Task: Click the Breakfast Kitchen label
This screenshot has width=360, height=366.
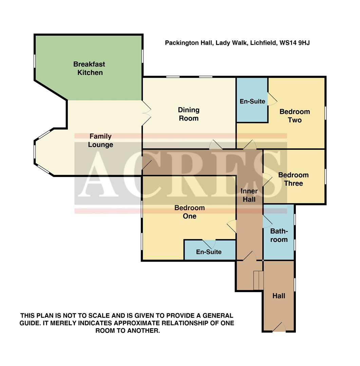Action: [89, 68]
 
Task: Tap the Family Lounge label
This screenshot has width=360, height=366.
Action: [100, 140]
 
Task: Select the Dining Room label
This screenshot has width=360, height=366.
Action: [189, 114]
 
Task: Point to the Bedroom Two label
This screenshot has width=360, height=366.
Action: [295, 116]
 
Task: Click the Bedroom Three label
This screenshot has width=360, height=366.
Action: [293, 179]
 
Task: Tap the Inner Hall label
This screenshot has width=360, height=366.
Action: [249, 195]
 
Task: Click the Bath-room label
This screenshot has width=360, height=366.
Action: [279, 235]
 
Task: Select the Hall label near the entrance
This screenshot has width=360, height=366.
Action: [279, 296]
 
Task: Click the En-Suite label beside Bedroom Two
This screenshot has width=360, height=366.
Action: [252, 101]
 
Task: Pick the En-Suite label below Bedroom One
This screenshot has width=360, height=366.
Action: [209, 252]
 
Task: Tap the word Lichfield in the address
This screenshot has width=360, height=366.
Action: [262, 43]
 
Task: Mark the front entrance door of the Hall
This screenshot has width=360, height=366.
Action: [279, 327]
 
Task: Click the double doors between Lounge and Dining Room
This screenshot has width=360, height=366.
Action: [146, 114]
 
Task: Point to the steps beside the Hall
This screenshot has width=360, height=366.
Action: [258, 280]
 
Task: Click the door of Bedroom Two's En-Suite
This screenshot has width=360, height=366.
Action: [272, 99]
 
